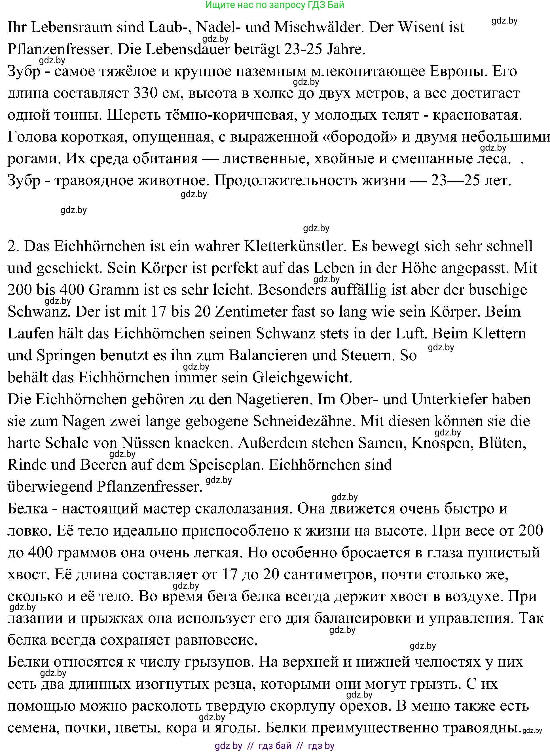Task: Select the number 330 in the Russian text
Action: (145, 93)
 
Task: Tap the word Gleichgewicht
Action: (302, 377)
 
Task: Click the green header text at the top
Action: (275, 5)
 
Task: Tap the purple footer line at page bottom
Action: (275, 746)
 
